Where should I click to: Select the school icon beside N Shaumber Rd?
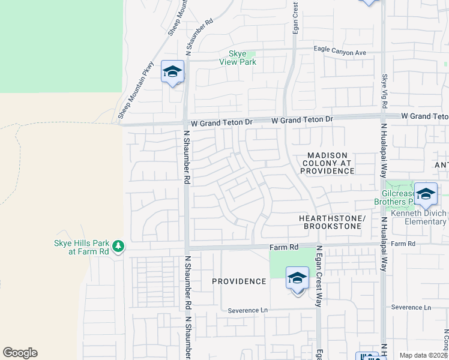[172, 73]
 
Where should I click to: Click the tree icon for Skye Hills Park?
[118, 246]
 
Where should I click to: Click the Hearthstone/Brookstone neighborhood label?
[332, 222]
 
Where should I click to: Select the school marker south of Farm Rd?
[297, 278]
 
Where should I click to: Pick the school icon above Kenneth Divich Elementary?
[426, 194]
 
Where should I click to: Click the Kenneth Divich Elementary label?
[418, 217]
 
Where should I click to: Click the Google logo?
[20, 353]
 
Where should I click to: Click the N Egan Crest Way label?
[319, 276]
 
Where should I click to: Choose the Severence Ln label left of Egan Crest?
[249, 310]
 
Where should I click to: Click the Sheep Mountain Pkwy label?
[135, 90]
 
